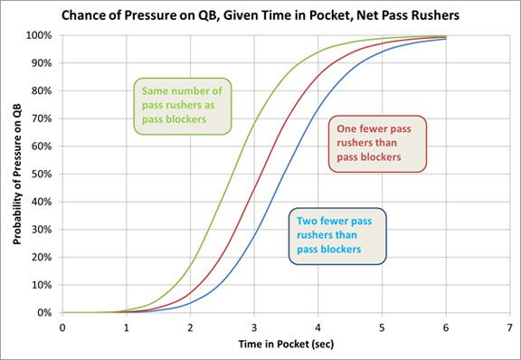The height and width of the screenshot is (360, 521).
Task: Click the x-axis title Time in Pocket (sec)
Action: coord(287,346)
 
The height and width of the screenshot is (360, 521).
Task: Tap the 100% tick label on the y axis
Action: coord(42,35)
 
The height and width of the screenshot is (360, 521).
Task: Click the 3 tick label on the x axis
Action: coord(254,326)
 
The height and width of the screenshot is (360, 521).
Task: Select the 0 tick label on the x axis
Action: coord(62,326)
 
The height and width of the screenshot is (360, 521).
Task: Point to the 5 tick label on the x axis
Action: coord(382,326)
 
